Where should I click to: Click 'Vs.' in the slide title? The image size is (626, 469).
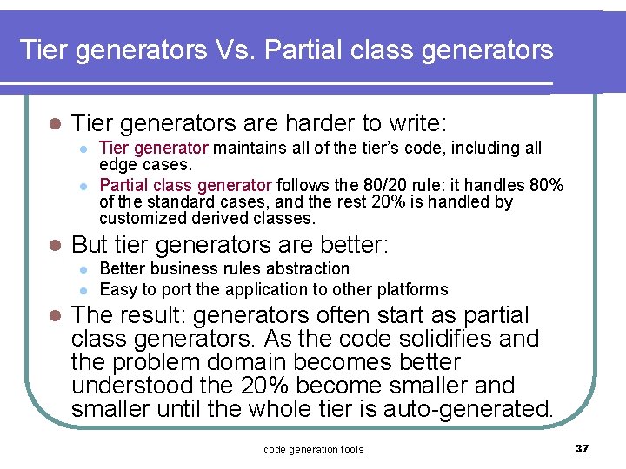click(234, 50)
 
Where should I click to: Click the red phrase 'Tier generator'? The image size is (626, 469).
click(154, 149)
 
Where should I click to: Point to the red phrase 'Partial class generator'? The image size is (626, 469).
click(186, 185)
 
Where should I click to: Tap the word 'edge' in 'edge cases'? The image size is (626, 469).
click(117, 164)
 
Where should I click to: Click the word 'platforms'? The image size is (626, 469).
click(410, 289)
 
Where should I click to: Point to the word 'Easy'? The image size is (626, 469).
click(117, 289)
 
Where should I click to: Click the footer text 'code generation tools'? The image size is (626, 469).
click(313, 449)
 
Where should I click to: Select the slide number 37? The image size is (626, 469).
click(582, 448)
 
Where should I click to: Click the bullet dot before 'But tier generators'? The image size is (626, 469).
click(54, 245)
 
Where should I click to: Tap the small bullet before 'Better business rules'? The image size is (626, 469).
click(83, 269)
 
